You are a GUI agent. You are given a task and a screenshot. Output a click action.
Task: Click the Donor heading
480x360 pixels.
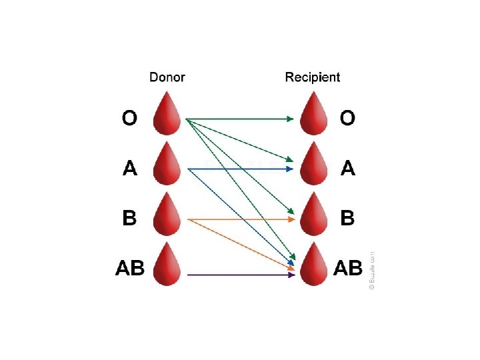coord(167,77)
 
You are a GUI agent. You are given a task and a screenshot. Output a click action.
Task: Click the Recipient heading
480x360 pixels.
coord(312,77)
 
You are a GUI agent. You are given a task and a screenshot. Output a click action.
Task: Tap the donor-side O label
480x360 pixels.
coord(129,119)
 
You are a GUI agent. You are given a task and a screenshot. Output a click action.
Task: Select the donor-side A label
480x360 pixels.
coord(130,169)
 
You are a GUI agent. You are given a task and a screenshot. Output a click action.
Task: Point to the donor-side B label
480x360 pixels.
coord(130,218)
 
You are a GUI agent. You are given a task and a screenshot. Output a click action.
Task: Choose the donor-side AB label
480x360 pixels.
coord(130,268)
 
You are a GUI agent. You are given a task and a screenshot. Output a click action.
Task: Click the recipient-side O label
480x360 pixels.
coord(347,119)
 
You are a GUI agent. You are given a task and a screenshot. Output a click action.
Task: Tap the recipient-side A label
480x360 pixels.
coord(347,169)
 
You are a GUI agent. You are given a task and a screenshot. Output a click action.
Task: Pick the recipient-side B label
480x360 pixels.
coord(347,218)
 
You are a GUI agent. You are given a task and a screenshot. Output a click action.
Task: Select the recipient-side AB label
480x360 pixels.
coord(347,268)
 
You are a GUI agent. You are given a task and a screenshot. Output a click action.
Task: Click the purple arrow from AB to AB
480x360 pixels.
coord(240,274)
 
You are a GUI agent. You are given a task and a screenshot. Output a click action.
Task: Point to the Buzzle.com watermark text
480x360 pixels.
coord(372,269)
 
